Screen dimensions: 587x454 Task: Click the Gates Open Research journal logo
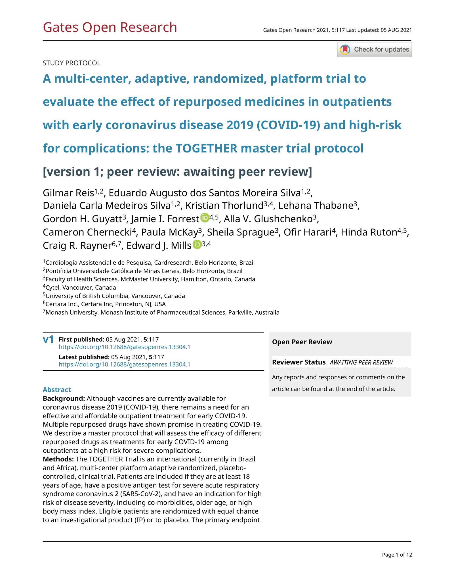(x=110, y=27)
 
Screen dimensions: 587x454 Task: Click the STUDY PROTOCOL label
(x=72, y=63)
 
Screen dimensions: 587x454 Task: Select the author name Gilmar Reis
(x=68, y=193)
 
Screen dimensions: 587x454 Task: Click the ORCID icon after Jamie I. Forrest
(x=205, y=217)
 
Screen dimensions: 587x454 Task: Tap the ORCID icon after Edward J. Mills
(x=197, y=244)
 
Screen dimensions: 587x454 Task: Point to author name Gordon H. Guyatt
(x=82, y=219)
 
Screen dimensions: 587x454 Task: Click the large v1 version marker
(x=48, y=339)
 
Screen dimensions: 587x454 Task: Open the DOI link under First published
(x=125, y=347)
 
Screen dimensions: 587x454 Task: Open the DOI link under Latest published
(x=125, y=364)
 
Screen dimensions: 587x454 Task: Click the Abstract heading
(x=57, y=390)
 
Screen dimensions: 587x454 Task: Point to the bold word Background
(x=64, y=399)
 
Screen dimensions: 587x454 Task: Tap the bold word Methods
(x=58, y=459)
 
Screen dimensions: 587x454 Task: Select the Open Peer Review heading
(x=302, y=342)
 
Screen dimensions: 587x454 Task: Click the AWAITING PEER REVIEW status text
(x=361, y=363)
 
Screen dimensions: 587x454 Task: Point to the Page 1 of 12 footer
(x=397, y=555)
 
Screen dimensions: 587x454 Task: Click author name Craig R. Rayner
(x=77, y=246)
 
